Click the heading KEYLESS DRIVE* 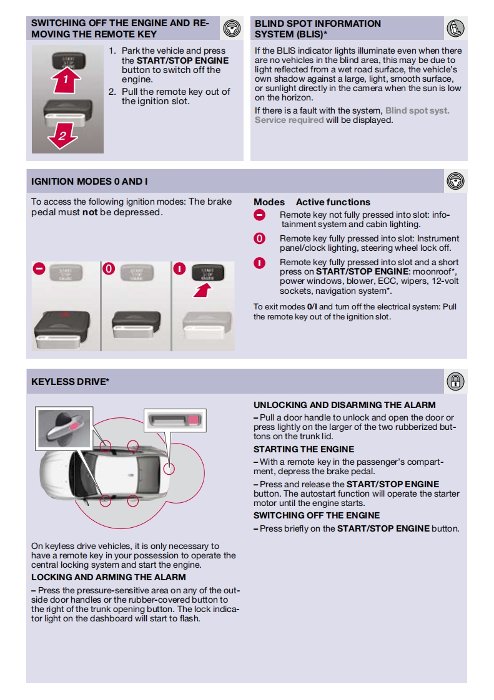coord(70,382)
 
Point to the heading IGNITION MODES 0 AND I coord(89,182)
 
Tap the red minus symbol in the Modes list coord(260,215)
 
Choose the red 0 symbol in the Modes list coord(260,238)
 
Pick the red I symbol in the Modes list coord(260,263)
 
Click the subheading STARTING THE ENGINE coord(304,449)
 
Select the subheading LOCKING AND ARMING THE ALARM coord(109,577)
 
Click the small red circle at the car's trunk coord(167,467)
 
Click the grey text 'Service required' coord(289,120)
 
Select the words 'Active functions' coord(333,202)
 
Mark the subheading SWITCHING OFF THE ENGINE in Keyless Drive coord(317,515)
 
